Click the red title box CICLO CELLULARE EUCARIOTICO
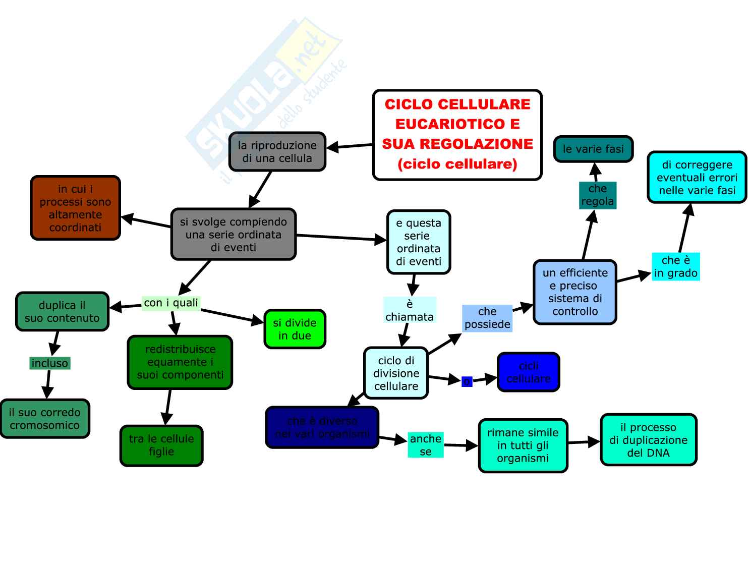pos(457,135)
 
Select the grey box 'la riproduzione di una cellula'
pos(277,152)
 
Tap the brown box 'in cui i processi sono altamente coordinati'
pos(76,208)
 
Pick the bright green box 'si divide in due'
pos(295,329)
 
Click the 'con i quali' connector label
pos(171,303)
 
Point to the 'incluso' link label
pos(49,363)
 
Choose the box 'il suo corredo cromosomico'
pos(45,419)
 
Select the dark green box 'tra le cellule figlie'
pos(161,445)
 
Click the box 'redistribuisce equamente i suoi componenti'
pos(180,362)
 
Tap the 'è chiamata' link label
pos(410,310)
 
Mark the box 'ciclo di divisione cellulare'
pos(396,373)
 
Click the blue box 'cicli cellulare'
pos(528,372)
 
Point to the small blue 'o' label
pos(467,381)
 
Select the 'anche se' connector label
pos(426,445)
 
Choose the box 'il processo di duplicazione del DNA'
pos(648,440)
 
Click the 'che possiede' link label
pos(487,318)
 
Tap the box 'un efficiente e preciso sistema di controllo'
pos(575,292)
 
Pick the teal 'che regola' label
pos(598,195)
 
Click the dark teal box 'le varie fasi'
pos(593,149)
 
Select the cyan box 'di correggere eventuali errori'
pos(697,178)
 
